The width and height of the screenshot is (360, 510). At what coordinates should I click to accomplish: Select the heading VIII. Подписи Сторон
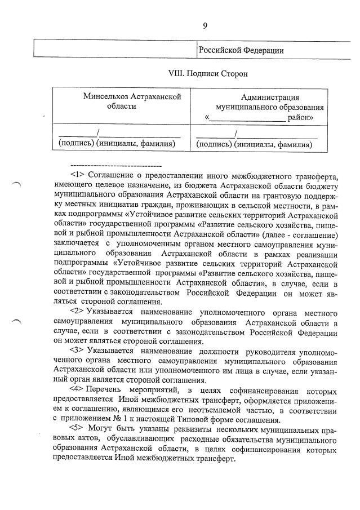coord(208,73)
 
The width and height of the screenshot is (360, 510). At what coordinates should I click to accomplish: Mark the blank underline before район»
coord(247,119)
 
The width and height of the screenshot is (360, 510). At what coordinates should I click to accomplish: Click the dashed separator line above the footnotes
coord(116,166)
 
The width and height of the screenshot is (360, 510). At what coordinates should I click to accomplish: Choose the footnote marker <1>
coord(77,176)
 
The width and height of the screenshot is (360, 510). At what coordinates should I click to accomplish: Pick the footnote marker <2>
coord(77,312)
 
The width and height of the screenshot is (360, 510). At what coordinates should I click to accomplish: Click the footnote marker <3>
coord(77,349)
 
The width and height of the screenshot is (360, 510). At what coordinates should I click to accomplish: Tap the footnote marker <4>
coord(77,389)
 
